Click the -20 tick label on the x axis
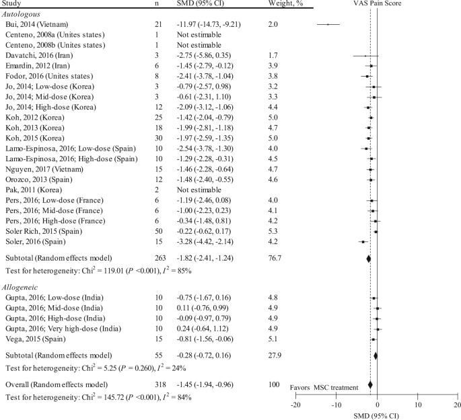pos(296,405)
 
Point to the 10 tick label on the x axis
pos(417,405)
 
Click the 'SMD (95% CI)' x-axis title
pos(377,415)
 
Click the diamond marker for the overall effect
pos(370,384)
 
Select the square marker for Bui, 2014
pos(328,25)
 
